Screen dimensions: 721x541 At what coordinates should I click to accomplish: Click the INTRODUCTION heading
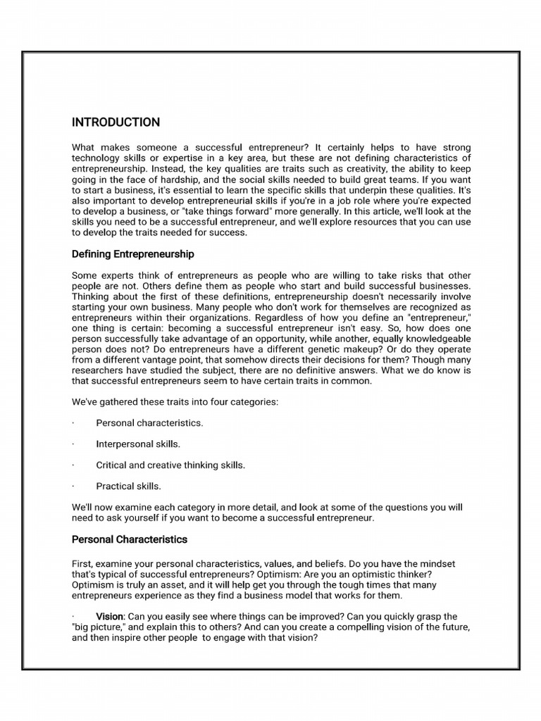click(116, 123)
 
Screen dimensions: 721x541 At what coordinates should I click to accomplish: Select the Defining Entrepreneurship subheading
click(133, 253)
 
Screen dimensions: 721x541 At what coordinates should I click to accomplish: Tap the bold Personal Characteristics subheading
click(130, 539)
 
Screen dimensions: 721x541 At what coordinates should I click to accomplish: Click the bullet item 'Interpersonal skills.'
click(138, 444)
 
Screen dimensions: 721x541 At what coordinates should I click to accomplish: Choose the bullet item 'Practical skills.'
click(129, 486)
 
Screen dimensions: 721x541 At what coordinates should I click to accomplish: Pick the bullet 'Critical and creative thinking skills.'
click(170, 465)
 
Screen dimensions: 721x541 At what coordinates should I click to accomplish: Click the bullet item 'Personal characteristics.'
click(149, 423)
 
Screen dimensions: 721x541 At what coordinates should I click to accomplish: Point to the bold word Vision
click(109, 616)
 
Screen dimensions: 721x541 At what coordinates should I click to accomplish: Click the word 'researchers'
click(101, 371)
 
